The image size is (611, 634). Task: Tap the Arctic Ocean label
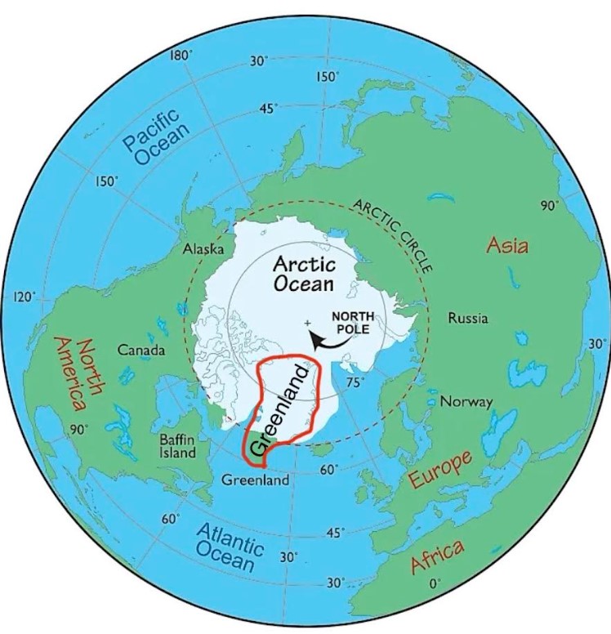point(303,274)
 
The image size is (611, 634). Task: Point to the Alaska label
point(203,248)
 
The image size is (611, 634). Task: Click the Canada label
point(142,350)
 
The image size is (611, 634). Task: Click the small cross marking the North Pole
point(307,324)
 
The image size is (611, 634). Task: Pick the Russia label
point(467,318)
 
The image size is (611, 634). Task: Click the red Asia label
point(507,245)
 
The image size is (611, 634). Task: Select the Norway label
point(466,402)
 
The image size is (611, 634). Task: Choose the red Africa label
point(437,556)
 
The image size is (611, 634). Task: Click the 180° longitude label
point(181,56)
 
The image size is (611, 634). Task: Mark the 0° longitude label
point(435,583)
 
